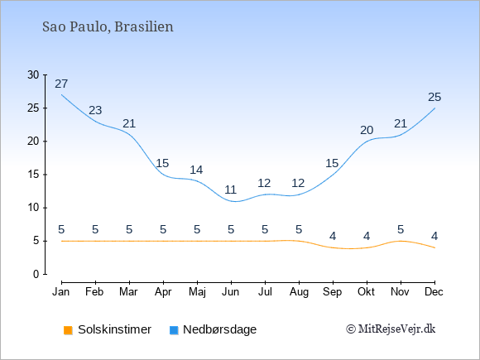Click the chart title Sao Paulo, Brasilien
click(x=108, y=27)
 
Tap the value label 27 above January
click(x=61, y=84)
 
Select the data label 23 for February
click(x=95, y=110)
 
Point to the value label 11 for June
click(x=231, y=190)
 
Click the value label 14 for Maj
click(x=196, y=170)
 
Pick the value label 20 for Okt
click(x=367, y=130)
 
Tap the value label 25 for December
click(x=434, y=97)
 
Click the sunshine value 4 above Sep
click(x=333, y=236)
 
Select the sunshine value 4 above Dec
click(x=434, y=236)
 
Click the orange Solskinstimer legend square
click(x=68, y=330)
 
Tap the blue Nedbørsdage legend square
click(x=174, y=330)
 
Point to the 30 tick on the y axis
click(x=33, y=74)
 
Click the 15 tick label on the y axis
click(x=33, y=175)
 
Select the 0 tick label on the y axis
click(x=36, y=274)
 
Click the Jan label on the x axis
click(x=61, y=292)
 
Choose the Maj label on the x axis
click(x=197, y=292)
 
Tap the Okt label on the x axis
click(x=366, y=292)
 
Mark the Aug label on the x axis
click(x=299, y=292)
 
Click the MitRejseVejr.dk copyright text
click(x=391, y=329)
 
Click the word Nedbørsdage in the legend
click(x=220, y=329)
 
